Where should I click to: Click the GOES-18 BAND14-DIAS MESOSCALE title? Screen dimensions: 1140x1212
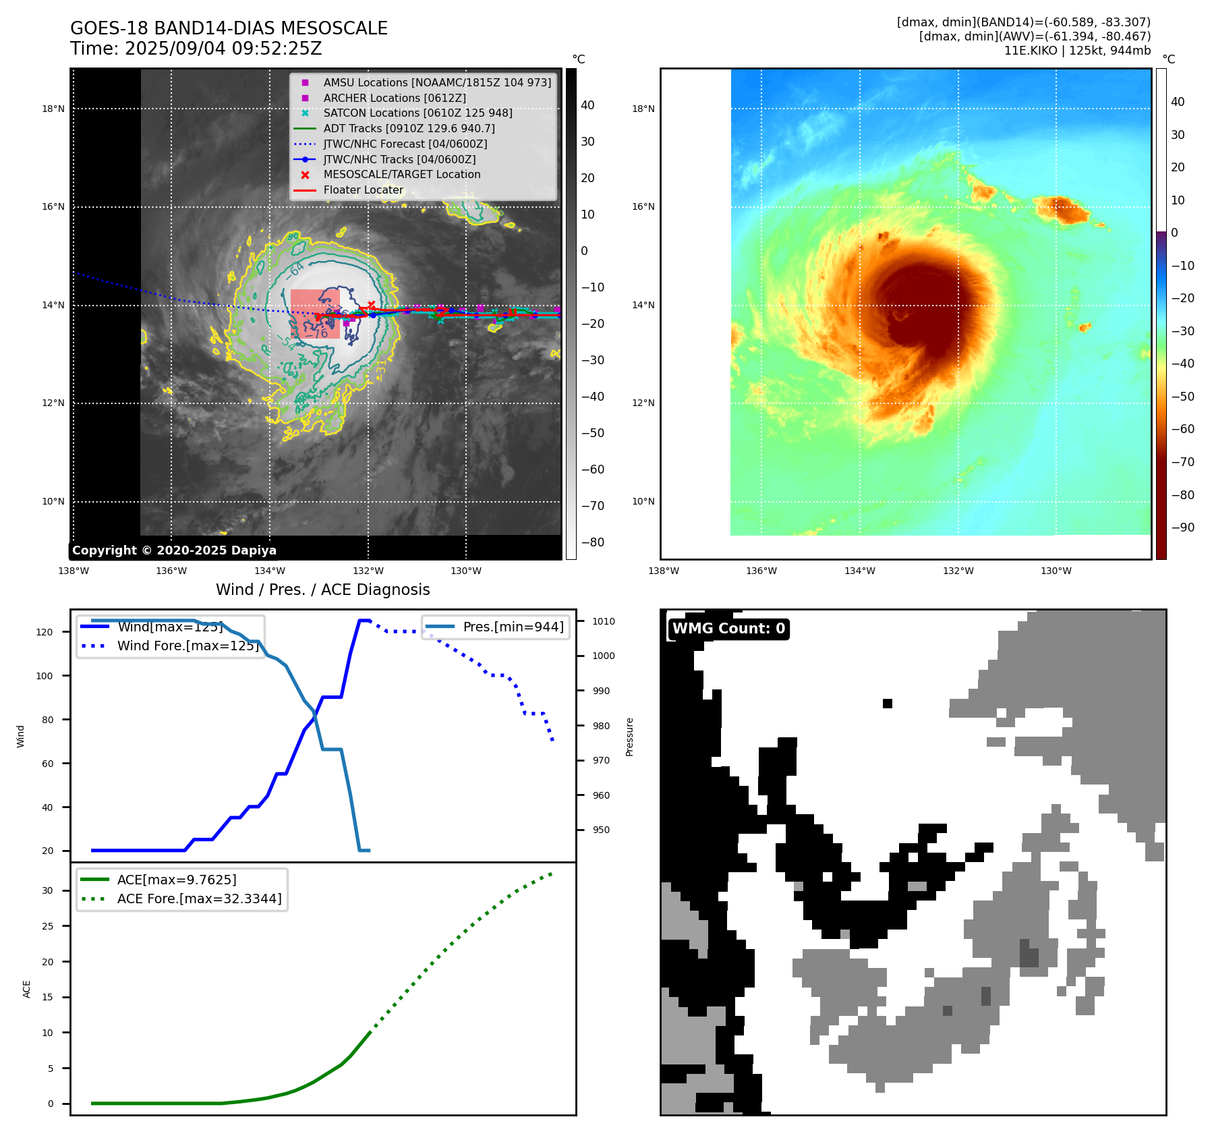click(229, 28)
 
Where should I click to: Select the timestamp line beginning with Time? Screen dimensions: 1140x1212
click(196, 49)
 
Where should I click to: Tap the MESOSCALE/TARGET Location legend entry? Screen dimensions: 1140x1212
click(401, 174)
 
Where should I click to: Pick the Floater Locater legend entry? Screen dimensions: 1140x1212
click(363, 190)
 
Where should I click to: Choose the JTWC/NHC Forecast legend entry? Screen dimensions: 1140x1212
click(405, 144)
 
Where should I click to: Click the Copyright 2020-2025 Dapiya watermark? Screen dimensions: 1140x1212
click(174, 550)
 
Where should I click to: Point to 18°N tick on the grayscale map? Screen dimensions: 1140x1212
click(53, 109)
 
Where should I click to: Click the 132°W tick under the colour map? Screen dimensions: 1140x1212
click(958, 571)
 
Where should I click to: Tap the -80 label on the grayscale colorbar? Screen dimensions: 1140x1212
click(593, 542)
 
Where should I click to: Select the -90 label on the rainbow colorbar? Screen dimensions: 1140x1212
click(1182, 528)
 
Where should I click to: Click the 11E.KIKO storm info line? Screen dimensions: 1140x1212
click(1077, 51)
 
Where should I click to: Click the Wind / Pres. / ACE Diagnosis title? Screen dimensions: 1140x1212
click(322, 590)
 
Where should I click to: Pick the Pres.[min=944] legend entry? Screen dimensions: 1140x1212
click(513, 627)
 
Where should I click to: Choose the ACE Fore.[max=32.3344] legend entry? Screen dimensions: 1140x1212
click(199, 899)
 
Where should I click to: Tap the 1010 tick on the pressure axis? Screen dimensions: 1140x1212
click(604, 621)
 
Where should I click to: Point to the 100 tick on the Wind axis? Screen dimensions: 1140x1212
click(45, 676)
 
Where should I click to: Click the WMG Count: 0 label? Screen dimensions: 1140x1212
click(728, 629)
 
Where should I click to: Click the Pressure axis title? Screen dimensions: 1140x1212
click(629, 737)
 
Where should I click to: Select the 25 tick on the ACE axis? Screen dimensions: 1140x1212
click(47, 926)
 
